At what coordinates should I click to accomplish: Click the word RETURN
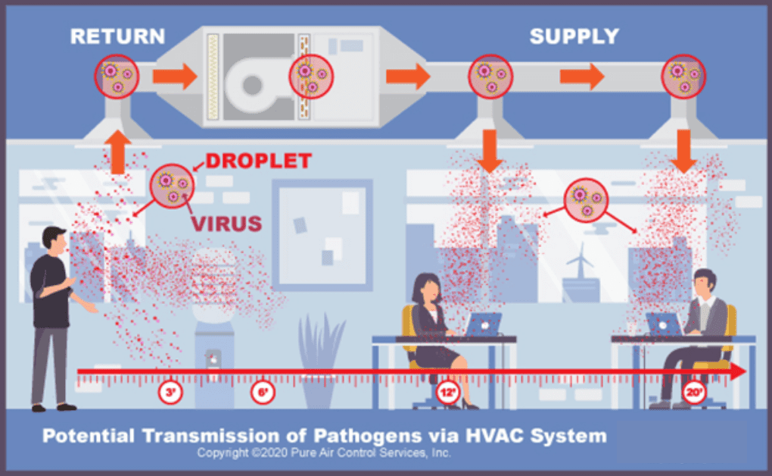coord(117,36)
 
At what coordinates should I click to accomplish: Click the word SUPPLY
coord(574,36)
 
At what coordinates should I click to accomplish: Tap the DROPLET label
coord(259,161)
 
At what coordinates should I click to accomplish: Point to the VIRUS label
coord(227,224)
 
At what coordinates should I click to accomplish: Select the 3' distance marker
coord(170,393)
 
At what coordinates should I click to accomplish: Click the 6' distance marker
coord(263,393)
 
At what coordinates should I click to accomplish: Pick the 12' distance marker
coord(448,393)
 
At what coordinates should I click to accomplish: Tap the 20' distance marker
coord(694,393)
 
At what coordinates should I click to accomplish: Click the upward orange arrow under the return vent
coord(117,152)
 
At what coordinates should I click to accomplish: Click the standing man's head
coord(54,241)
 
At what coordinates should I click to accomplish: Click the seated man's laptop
coord(664,324)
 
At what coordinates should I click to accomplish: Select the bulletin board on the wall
coord(322,235)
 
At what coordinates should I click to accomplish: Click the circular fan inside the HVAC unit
coord(252,85)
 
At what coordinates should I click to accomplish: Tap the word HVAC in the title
coord(493,436)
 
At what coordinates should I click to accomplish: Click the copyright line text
coord(324,453)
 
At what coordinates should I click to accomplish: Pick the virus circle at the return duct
coord(117,77)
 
